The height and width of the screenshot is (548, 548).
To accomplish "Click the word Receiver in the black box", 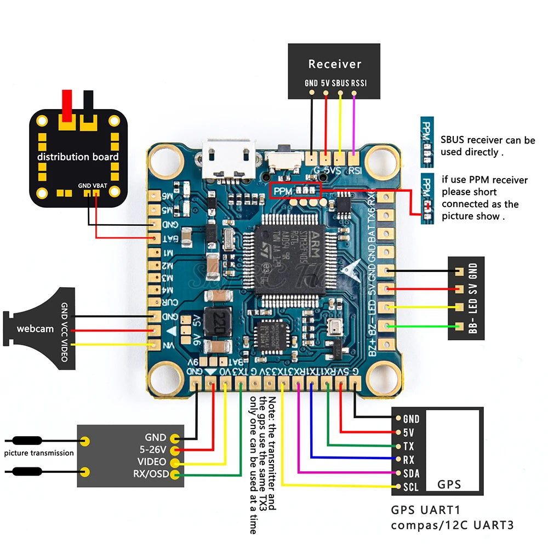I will point(335,64).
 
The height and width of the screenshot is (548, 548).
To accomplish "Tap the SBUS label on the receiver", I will point(340,84).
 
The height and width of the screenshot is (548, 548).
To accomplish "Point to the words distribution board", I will point(77,157).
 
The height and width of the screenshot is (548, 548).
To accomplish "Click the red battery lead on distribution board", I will point(67,107).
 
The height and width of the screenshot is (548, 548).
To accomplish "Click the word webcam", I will point(35,329).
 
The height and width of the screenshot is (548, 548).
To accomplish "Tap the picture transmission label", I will point(38,453).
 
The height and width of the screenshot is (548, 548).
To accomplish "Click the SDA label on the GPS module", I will point(411,472).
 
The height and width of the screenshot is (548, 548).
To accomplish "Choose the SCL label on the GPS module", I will point(411,486).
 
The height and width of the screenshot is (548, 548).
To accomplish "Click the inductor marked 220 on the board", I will point(215,319).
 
